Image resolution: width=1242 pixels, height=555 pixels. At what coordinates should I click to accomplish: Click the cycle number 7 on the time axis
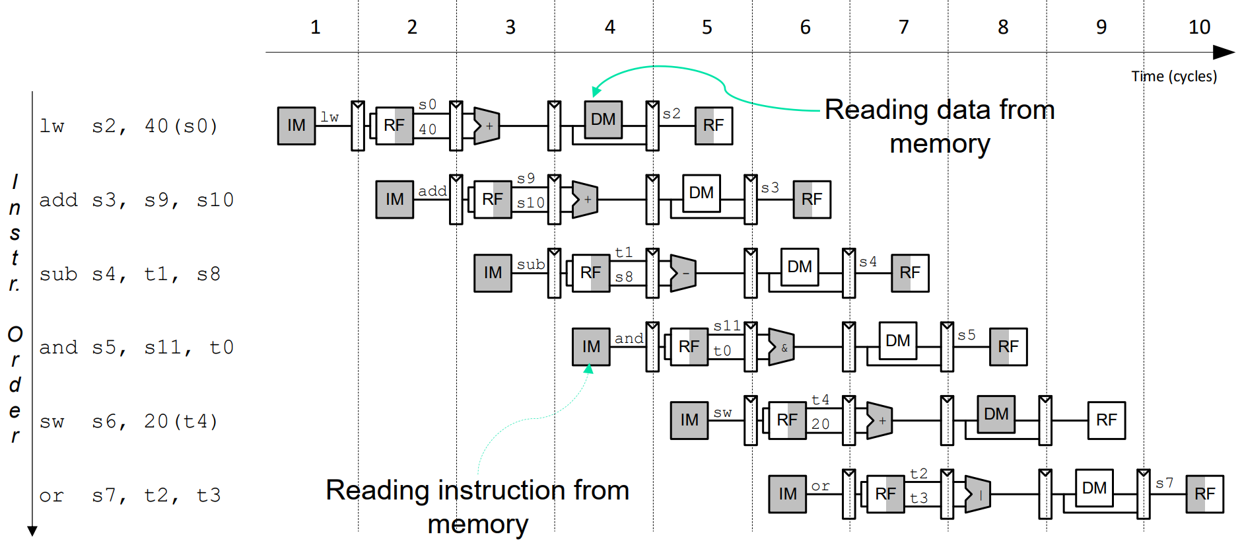coord(904,27)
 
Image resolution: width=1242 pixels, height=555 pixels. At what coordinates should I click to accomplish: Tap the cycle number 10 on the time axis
coord(1199,27)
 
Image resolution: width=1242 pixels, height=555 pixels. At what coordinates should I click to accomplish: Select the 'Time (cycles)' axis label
coord(1173,77)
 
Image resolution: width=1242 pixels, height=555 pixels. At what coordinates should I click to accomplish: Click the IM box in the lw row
coord(296,126)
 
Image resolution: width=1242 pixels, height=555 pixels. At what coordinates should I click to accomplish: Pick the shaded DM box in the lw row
coord(604,120)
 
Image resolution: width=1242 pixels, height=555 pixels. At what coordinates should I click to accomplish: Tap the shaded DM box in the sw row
coord(996,414)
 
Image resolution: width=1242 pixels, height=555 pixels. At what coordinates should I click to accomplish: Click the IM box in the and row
coord(591,347)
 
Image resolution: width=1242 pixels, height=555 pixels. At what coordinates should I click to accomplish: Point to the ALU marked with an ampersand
coord(782,347)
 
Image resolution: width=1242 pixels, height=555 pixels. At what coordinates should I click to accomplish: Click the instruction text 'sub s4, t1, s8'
coord(129,274)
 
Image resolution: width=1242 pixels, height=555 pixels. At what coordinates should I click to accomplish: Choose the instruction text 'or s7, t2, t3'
coord(129,496)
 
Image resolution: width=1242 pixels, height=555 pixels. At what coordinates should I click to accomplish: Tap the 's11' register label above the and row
coord(727,326)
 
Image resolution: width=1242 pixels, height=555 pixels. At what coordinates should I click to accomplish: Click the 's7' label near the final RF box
coord(1165,484)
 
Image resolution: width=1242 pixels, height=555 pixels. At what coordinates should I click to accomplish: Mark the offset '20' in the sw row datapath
coord(821,424)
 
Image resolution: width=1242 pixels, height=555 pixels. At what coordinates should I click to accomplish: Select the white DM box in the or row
coord(1094,488)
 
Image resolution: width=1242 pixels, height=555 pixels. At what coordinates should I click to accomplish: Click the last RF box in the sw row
coord(1107,420)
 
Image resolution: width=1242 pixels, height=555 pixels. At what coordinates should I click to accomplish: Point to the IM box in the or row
coord(788,494)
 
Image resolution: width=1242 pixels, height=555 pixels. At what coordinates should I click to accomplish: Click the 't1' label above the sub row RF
coord(624,252)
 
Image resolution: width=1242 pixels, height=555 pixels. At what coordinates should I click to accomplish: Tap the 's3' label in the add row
coord(770,188)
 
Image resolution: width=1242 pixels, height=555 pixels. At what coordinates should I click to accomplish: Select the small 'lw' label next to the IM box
coord(330,118)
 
